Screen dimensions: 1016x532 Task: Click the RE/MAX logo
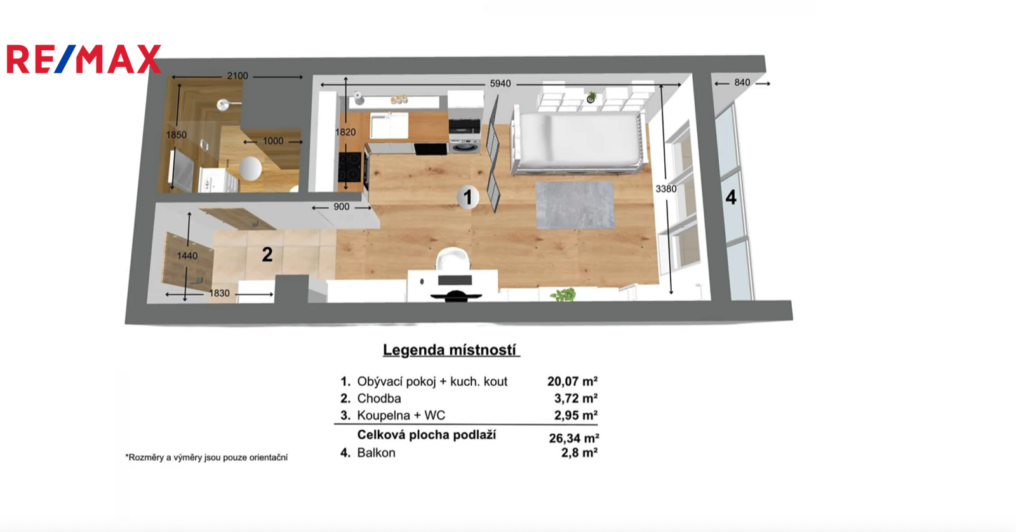pos(84,59)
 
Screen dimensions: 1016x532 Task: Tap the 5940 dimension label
pos(500,83)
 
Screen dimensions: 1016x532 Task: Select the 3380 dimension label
pos(666,189)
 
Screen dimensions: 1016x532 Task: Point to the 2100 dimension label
pos(237,76)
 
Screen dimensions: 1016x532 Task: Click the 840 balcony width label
pos(742,83)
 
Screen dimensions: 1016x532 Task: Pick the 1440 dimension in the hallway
pos(187,256)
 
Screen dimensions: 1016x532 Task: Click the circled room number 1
pos(468,198)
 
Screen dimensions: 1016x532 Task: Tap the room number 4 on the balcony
pos(731,198)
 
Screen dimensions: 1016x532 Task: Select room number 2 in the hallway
pos(267,255)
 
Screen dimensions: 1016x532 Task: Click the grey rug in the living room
pos(575,205)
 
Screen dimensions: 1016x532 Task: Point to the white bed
pos(578,141)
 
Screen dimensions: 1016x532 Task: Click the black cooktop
pos(350,167)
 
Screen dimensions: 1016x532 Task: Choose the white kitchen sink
pos(389,125)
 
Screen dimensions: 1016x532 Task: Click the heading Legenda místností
pos(450,350)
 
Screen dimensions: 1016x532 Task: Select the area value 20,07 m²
pos(572,381)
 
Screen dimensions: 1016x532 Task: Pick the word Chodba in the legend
pos(379,399)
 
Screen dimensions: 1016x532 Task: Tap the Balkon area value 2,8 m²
pos(579,453)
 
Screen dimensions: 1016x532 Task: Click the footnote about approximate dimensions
pos(206,458)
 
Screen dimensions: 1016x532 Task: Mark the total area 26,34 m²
pos(574,439)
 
